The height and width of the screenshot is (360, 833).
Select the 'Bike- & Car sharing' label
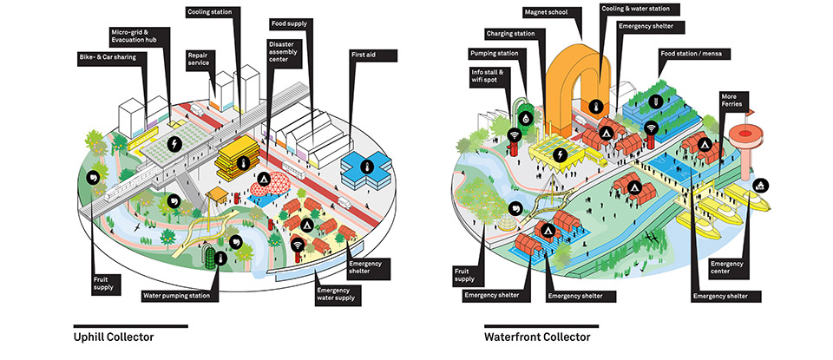(x=113, y=57)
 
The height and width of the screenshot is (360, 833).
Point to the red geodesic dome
(x=271, y=183)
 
